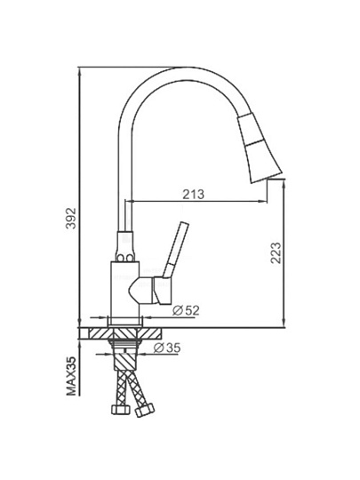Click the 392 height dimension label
(71, 219)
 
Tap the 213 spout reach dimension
(193, 195)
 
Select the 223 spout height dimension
(276, 252)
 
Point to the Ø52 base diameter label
(186, 311)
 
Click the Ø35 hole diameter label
(167, 348)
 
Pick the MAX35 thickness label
(71, 376)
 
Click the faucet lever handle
(172, 262)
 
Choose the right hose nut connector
(145, 410)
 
